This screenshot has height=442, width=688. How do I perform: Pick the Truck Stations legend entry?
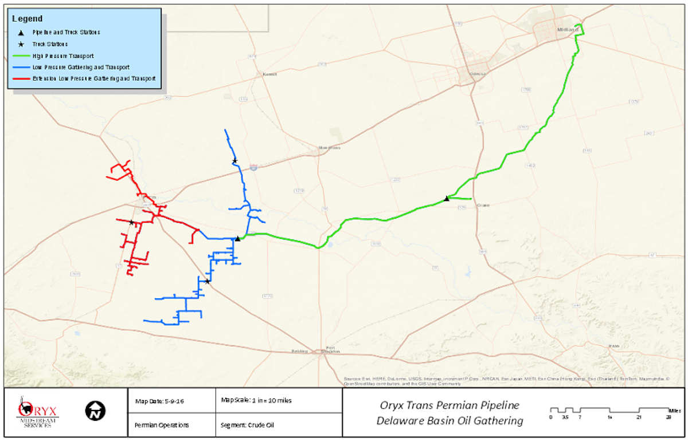[x=50, y=44]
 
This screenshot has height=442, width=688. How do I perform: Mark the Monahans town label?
[x=330, y=148]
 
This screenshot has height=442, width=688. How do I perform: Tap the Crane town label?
[x=483, y=205]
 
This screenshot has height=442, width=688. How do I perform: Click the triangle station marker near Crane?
[x=447, y=199]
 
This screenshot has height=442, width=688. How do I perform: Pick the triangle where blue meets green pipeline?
[x=238, y=239]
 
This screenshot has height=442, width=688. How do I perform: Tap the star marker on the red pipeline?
[x=132, y=222]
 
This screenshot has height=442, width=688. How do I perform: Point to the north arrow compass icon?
[x=95, y=411]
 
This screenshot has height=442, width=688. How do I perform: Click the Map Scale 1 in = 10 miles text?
[x=256, y=400]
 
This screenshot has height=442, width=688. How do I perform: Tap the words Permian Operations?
[x=162, y=425]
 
